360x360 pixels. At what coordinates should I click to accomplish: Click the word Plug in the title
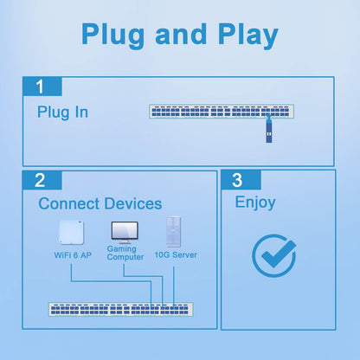114,35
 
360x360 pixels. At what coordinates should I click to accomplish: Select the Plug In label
62,112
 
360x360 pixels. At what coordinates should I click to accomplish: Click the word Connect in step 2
71,204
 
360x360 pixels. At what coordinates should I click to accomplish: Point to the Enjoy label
255,203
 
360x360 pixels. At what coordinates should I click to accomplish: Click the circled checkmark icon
273,255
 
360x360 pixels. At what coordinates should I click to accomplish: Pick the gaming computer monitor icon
123,232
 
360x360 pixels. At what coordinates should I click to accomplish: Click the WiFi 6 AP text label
73,255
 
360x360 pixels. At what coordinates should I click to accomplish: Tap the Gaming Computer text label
125,253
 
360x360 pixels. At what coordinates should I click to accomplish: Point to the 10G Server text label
176,255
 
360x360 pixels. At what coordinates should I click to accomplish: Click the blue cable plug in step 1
269,132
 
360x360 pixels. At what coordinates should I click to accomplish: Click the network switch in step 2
118,309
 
